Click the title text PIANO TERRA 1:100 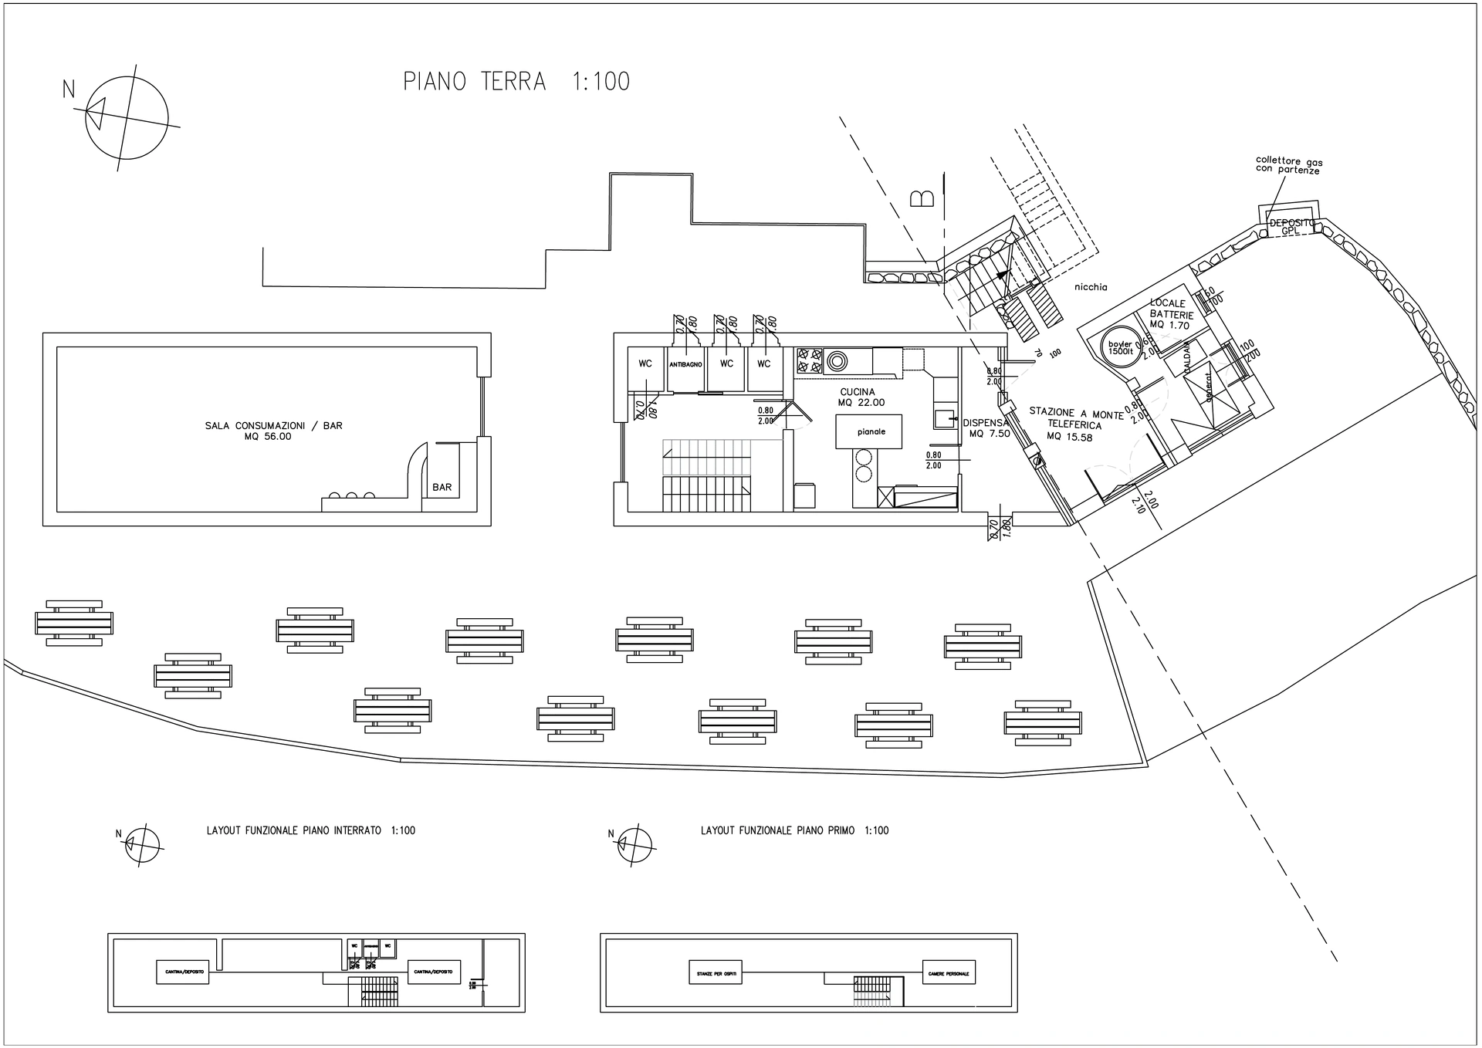[516, 81]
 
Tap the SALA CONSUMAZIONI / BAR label [273, 431]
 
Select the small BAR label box [442, 487]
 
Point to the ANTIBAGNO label [685, 364]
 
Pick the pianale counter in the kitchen [871, 431]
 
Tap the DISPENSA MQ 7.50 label [987, 428]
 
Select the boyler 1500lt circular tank [1120, 347]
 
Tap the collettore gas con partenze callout [1288, 165]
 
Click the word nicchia [1091, 287]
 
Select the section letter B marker [923, 198]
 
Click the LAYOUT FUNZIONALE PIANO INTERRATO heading [310, 830]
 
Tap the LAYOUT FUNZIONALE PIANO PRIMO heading [794, 830]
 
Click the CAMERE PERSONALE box [949, 972]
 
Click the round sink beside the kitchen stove [836, 360]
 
